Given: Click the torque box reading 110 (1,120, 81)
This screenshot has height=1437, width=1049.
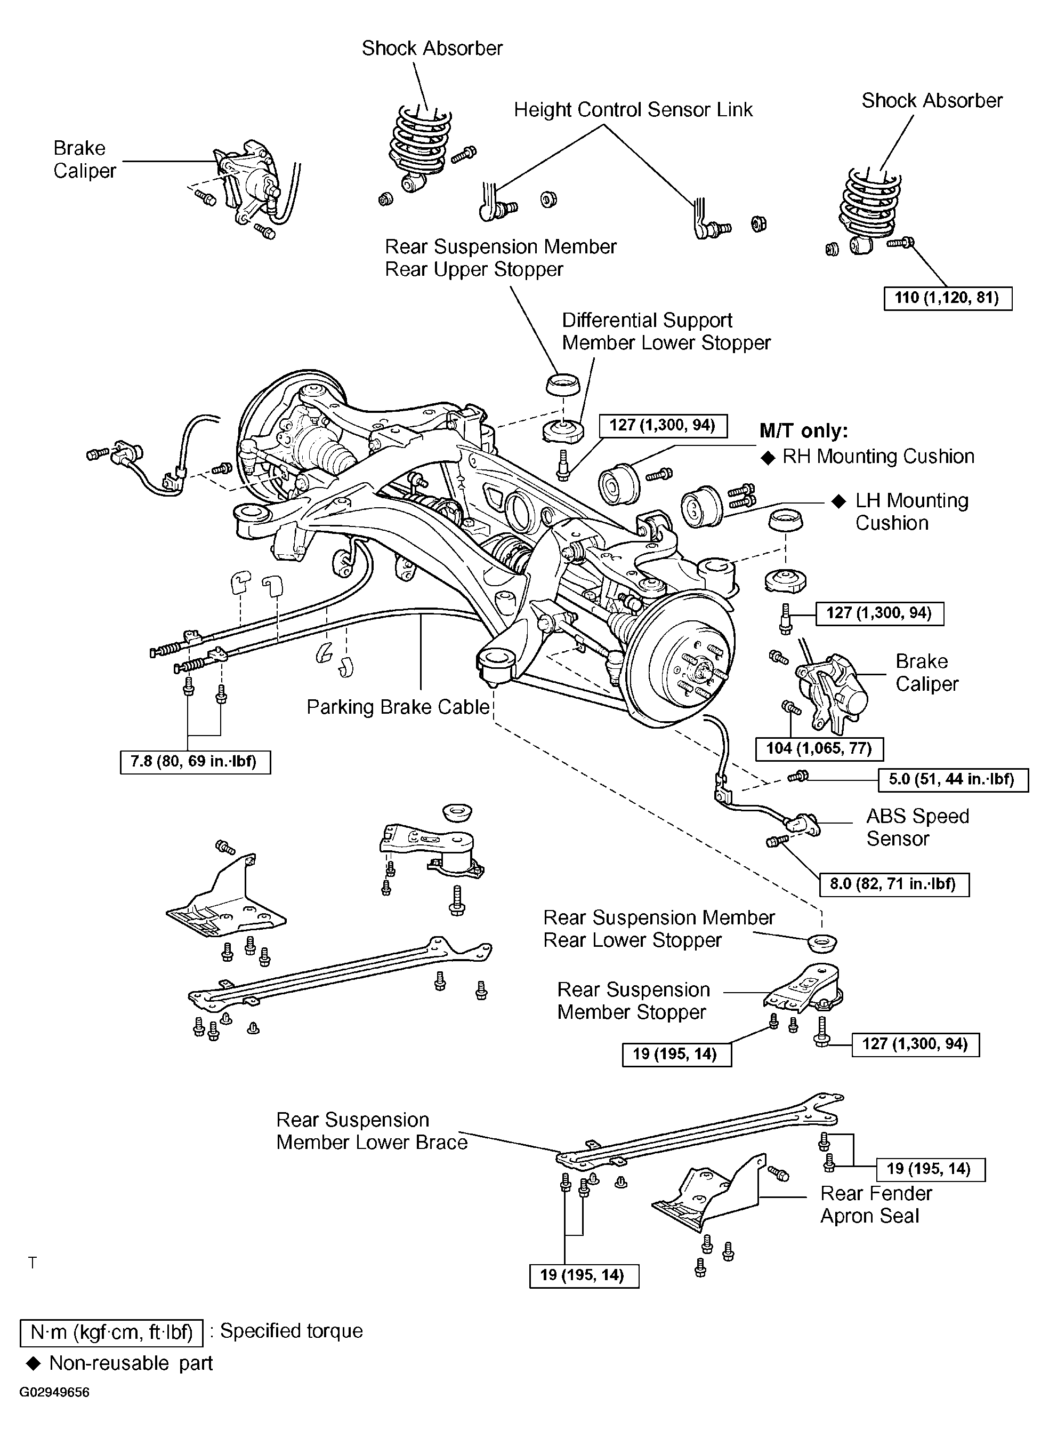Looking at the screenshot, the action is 947,298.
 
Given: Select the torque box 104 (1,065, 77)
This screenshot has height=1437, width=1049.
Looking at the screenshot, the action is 819,748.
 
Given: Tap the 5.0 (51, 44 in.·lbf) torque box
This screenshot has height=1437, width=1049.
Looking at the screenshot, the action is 953,779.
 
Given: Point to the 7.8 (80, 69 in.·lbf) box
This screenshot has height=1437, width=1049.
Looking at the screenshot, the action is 195,762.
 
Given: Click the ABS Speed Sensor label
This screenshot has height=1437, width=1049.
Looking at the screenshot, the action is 917,827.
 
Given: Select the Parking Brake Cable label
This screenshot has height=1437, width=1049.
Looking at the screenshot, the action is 398,707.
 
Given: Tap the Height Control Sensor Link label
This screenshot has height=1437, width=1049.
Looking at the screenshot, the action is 633,110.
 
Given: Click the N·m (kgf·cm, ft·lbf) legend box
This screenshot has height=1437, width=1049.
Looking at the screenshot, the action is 112,1332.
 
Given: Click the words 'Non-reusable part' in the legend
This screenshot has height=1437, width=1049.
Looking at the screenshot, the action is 131,1363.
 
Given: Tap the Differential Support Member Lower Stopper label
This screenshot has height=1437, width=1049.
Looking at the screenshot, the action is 666,331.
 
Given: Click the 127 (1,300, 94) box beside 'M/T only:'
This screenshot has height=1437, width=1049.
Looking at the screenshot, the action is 663,425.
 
